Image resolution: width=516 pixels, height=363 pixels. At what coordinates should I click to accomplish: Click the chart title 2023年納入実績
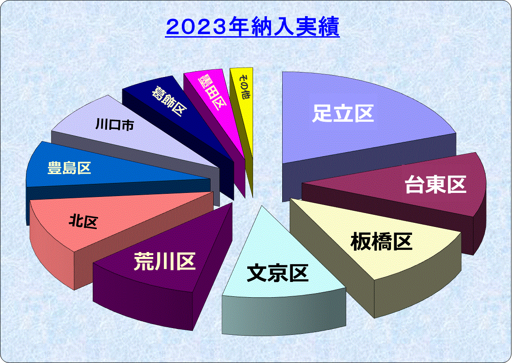point(253,27)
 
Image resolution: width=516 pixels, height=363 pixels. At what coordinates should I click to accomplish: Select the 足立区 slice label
point(343,113)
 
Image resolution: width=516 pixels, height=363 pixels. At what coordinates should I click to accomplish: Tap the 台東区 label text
point(435,184)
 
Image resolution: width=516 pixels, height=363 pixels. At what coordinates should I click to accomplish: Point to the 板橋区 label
point(382,242)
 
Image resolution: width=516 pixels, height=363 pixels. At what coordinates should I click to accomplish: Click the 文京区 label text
point(277,273)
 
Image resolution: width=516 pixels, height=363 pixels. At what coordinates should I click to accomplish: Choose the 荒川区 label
point(164,262)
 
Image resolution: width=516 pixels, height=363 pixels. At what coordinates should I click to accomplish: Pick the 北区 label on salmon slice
point(83,221)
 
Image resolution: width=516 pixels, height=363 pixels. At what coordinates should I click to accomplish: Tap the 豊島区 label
point(69,168)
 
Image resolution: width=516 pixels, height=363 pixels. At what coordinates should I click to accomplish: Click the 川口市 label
point(115,125)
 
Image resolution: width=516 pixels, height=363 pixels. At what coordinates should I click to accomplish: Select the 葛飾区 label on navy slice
point(169,101)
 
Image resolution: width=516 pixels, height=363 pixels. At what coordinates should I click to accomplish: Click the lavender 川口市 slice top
point(132,132)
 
